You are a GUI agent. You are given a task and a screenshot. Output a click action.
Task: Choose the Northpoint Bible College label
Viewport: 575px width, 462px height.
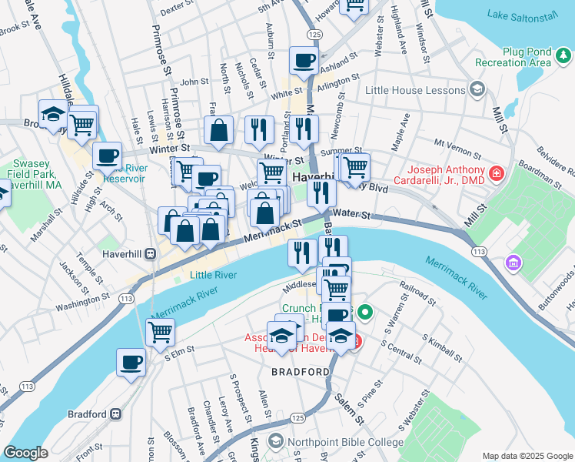tap(344, 442)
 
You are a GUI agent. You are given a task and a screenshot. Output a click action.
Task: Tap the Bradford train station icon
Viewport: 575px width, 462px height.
tap(116, 413)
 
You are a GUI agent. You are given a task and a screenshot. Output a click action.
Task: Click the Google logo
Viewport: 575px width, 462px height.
tap(26, 453)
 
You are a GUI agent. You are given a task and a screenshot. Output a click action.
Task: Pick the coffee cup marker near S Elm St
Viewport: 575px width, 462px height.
tap(131, 362)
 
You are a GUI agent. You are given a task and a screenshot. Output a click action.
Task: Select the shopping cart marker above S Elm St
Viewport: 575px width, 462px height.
tap(160, 332)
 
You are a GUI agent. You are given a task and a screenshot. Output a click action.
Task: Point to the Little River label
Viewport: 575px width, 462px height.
tap(213, 275)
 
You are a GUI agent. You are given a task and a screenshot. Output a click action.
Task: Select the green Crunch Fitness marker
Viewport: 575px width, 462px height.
tap(365, 313)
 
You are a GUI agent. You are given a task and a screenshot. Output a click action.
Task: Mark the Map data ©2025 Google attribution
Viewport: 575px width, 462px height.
tap(527, 456)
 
